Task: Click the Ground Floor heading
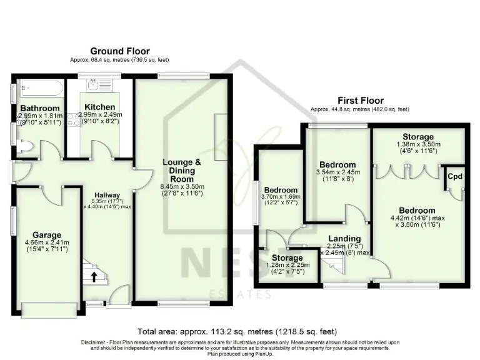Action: pyautogui.click(x=119, y=51)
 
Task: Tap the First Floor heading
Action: pyautogui.click(x=360, y=100)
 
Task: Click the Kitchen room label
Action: pyautogui.click(x=99, y=107)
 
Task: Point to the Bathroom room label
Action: pyautogui.click(x=39, y=108)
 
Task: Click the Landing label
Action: pyautogui.click(x=344, y=239)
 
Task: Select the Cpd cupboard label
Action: pyautogui.click(x=454, y=176)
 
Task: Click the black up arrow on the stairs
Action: pyautogui.click(x=94, y=276)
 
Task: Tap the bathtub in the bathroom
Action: pyautogui.click(x=39, y=88)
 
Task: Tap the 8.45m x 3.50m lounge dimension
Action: pyautogui.click(x=182, y=187)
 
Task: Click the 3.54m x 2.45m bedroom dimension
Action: pyautogui.click(x=338, y=174)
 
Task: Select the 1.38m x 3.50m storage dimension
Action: pyautogui.click(x=418, y=145)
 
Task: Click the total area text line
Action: pyautogui.click(x=240, y=331)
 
